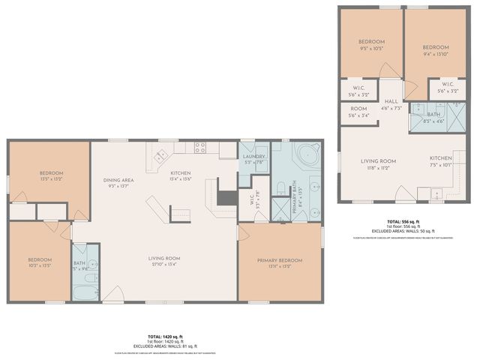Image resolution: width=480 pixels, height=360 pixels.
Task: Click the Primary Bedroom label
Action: [x=279, y=260]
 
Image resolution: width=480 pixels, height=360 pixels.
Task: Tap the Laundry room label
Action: [x=254, y=156]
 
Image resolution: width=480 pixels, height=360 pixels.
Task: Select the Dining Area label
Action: [x=118, y=181]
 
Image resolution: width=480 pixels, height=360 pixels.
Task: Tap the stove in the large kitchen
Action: [x=200, y=147]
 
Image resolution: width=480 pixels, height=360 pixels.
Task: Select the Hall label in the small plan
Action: [x=391, y=102]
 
